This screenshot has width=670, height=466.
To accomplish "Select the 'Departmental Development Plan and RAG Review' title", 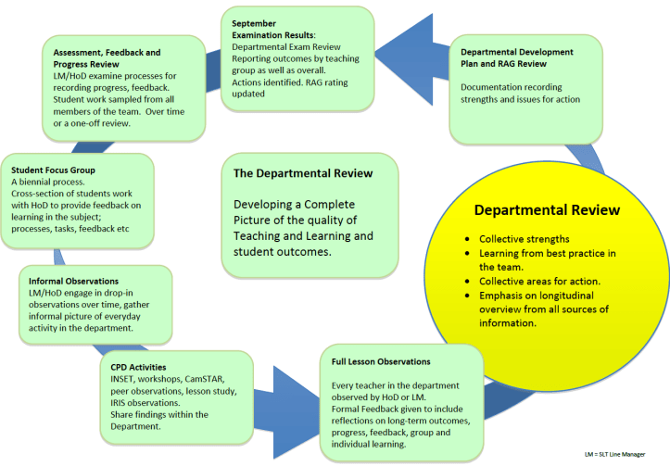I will click(x=517, y=58).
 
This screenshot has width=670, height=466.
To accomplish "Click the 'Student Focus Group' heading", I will click(x=53, y=170).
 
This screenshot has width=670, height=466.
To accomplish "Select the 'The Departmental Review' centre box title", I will click(x=302, y=173).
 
